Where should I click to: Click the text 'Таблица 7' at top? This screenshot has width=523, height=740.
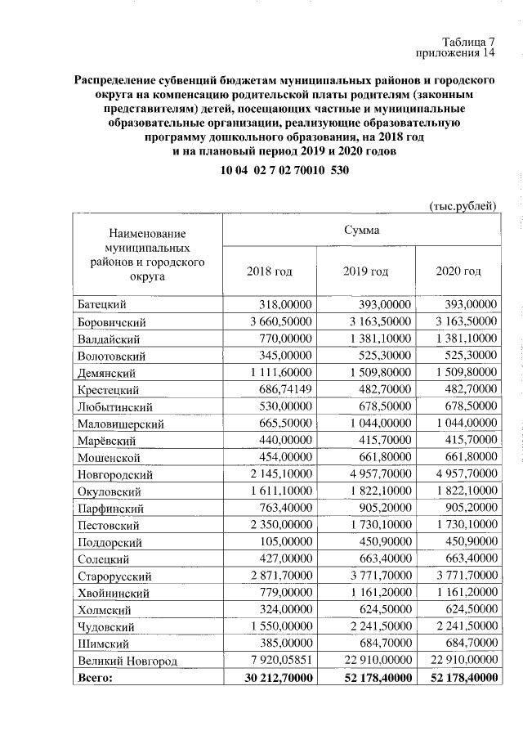[468, 42]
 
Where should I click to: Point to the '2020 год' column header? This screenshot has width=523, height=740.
[458, 271]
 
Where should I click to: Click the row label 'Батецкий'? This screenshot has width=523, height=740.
[101, 304]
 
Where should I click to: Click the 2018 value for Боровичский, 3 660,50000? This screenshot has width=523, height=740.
[278, 321]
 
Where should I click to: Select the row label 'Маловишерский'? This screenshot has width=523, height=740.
[120, 424]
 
